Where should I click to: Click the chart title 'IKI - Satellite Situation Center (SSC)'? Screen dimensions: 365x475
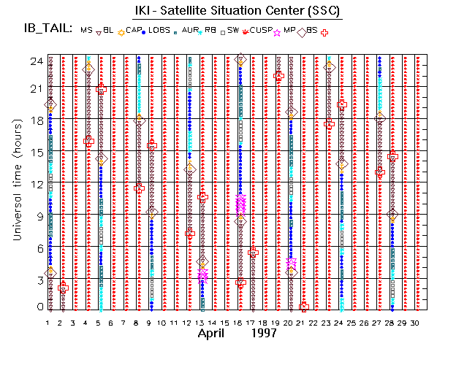click(x=237, y=11)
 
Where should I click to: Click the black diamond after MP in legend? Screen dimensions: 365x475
click(x=300, y=31)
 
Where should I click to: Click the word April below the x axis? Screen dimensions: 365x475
click(x=215, y=333)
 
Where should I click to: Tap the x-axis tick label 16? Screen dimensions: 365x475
click(x=239, y=323)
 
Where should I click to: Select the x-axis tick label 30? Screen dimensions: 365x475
click(x=416, y=323)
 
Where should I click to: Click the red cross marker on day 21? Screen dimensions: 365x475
click(x=305, y=307)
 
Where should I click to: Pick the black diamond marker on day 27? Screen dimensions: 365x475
click(x=380, y=118)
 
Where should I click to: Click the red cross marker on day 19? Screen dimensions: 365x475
click(x=278, y=76)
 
